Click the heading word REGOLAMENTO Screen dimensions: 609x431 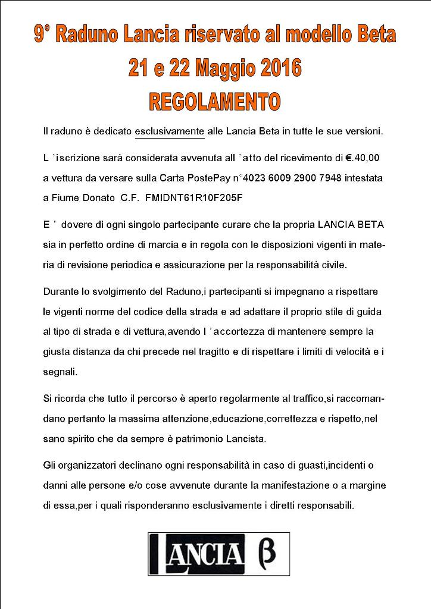click(x=214, y=101)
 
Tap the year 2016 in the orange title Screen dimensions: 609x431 click(x=274, y=68)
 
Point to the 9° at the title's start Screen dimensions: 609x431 click(x=42, y=35)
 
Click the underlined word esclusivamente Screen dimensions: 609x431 click(x=170, y=131)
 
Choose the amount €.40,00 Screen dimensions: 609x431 click(x=366, y=159)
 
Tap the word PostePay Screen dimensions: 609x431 click(x=209, y=178)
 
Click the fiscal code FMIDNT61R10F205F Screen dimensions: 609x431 click(x=189, y=197)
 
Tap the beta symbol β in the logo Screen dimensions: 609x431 click(x=266, y=553)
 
